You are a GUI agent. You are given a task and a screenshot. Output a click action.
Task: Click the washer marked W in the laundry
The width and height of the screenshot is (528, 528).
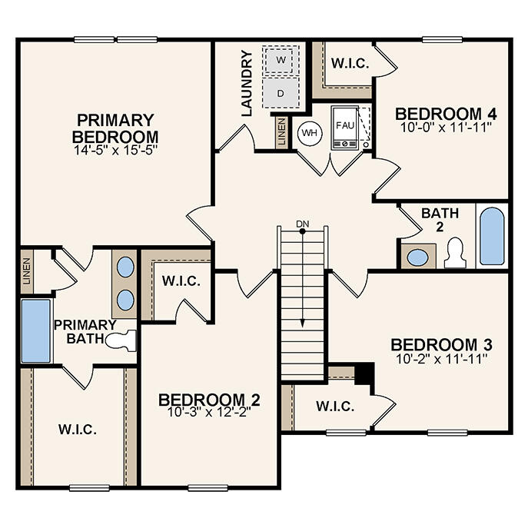point(281,59)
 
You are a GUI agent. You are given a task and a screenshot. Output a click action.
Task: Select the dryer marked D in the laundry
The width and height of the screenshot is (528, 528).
point(281,93)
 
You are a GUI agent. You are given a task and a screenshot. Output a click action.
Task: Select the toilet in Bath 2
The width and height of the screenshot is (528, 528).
point(456,253)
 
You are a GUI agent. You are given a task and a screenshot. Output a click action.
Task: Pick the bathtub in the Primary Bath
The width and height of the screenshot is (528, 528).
point(34,330)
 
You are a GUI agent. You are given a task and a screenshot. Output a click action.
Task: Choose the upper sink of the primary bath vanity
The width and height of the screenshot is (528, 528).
point(125,267)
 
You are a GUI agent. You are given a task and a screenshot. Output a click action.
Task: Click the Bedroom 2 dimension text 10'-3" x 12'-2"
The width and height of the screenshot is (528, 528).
point(208,412)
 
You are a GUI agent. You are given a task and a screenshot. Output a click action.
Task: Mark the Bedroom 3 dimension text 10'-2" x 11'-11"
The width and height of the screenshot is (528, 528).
point(440,357)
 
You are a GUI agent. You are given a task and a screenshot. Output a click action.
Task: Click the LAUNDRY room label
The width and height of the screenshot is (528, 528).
point(246,83)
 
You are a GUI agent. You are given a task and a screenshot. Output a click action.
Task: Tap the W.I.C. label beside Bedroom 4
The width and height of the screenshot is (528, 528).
point(350,63)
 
